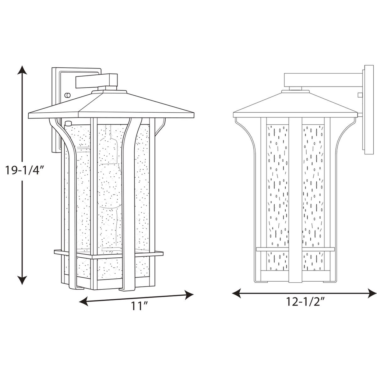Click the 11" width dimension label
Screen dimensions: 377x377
137,306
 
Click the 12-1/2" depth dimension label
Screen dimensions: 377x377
305,302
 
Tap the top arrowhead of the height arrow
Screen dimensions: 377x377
22,70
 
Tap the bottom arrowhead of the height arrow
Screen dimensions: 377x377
22,280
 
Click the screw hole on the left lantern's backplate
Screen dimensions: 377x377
67,95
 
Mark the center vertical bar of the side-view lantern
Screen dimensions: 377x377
295,199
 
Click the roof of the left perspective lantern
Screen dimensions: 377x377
110,105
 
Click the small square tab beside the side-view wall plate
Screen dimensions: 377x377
360,95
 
